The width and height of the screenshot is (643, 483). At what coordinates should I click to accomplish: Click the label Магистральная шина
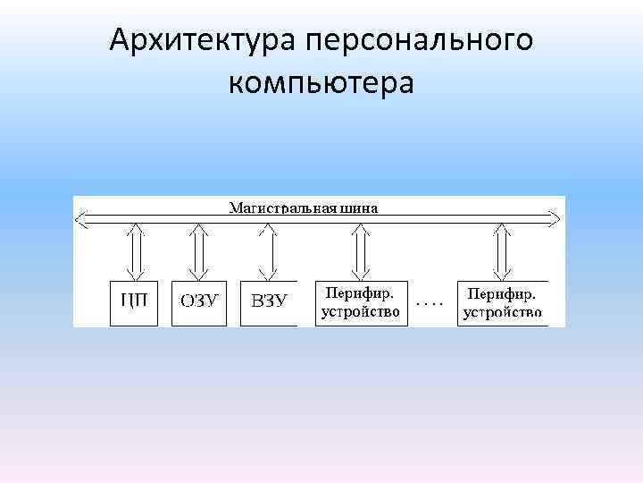pyautogui.click(x=305, y=208)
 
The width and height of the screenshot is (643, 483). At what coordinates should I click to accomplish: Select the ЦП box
pyautogui.click(x=133, y=302)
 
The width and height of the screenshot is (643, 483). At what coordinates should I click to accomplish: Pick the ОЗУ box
pyautogui.click(x=199, y=302)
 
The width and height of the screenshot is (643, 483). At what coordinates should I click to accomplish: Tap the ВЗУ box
pyautogui.click(x=269, y=302)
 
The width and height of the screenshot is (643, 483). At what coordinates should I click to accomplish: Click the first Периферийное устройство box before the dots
pyautogui.click(x=361, y=302)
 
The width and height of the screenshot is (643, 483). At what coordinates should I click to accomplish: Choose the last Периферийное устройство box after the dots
pyautogui.click(x=503, y=302)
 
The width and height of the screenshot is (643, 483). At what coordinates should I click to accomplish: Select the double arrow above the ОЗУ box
pyautogui.click(x=199, y=251)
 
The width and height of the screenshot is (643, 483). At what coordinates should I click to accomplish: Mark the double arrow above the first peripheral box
pyautogui.click(x=361, y=251)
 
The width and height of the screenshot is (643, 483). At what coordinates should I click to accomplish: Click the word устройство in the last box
pyautogui.click(x=503, y=312)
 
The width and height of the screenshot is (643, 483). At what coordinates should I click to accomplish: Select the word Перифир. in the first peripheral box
pyautogui.click(x=361, y=293)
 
